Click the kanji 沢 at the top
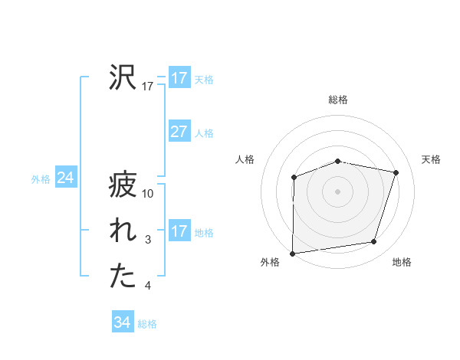pos(123,77)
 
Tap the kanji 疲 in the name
pos(123,185)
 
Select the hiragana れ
pos(123,231)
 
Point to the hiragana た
pos(123,277)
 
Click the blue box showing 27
pos(179,132)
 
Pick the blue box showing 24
pos(65,178)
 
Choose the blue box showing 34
pos(122,322)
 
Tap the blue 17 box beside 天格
pos(179,78)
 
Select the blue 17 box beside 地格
pos(179,231)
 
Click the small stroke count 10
pos(149,194)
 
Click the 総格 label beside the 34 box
pos(147,324)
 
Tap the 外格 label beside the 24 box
pos(41,179)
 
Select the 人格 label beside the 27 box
pos(204,133)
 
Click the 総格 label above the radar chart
pos(338,100)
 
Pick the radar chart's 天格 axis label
pos(432,159)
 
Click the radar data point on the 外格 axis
pos(293,253)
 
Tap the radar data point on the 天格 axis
pos(396,172)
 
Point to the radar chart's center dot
pos(338,191)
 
